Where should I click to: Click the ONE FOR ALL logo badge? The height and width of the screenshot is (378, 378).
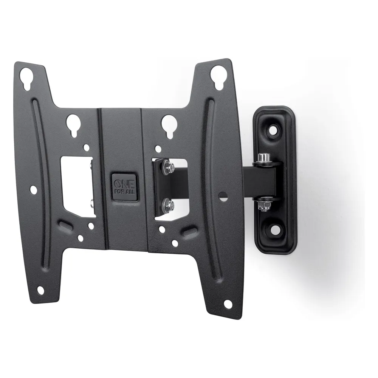(124, 187)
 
